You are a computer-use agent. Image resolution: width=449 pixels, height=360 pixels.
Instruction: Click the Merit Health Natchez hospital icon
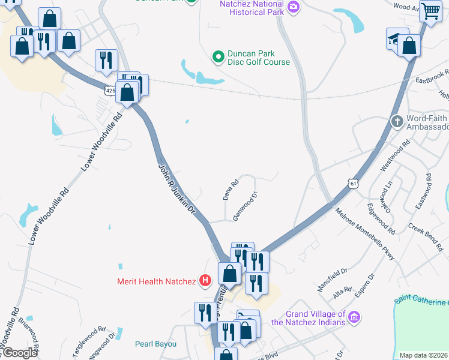point(205,281)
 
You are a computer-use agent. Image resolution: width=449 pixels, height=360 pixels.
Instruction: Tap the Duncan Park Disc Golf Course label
point(258,58)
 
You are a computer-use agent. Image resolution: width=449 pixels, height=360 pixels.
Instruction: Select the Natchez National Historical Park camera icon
point(294,7)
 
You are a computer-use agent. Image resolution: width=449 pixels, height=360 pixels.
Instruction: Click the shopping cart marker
point(430,11)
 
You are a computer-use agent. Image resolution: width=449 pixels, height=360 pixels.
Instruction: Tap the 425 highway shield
point(109,90)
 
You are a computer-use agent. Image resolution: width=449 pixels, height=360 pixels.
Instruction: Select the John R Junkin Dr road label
point(177,188)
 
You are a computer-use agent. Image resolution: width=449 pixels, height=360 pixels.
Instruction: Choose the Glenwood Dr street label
point(245,206)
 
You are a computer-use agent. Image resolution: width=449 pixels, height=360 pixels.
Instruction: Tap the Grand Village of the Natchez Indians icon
point(354,316)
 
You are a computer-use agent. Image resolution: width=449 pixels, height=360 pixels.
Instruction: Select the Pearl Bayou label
point(155,344)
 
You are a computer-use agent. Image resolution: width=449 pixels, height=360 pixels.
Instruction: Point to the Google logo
point(19,353)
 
